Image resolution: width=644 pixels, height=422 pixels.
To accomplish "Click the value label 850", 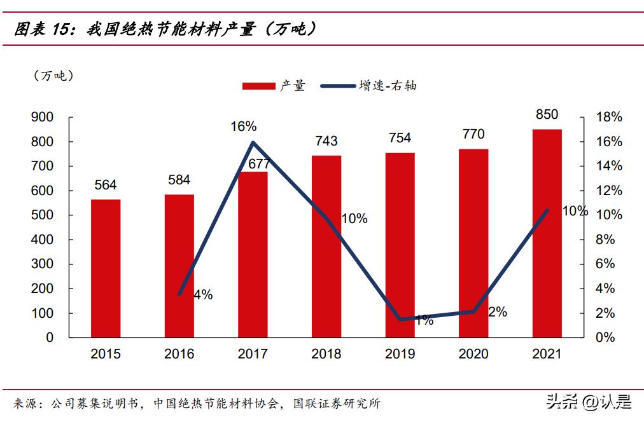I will tap(547, 115).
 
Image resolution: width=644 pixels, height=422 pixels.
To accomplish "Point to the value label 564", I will tap(106, 185).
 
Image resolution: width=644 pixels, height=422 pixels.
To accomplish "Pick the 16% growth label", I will tap(243, 126).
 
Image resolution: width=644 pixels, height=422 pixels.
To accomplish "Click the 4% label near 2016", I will tap(203, 295).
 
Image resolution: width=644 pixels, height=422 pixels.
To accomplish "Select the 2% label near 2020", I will tap(498, 312).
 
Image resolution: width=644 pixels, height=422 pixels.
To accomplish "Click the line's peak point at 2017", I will tap(253, 142).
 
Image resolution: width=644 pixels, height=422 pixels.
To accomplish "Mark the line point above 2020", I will tap(473, 312).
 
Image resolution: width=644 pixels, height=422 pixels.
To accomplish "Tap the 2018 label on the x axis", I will tap(326, 354).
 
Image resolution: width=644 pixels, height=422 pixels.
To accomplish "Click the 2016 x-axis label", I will tap(179, 354).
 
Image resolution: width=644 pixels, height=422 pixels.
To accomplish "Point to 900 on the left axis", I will tap(42, 117).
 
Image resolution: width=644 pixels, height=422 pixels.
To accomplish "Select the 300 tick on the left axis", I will tap(42, 264).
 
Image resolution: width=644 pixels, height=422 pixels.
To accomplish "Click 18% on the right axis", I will tap(608, 117).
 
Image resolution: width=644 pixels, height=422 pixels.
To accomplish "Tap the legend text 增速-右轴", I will tap(388, 86).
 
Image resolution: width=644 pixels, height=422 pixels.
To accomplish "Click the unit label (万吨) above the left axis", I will tap(54, 76).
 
